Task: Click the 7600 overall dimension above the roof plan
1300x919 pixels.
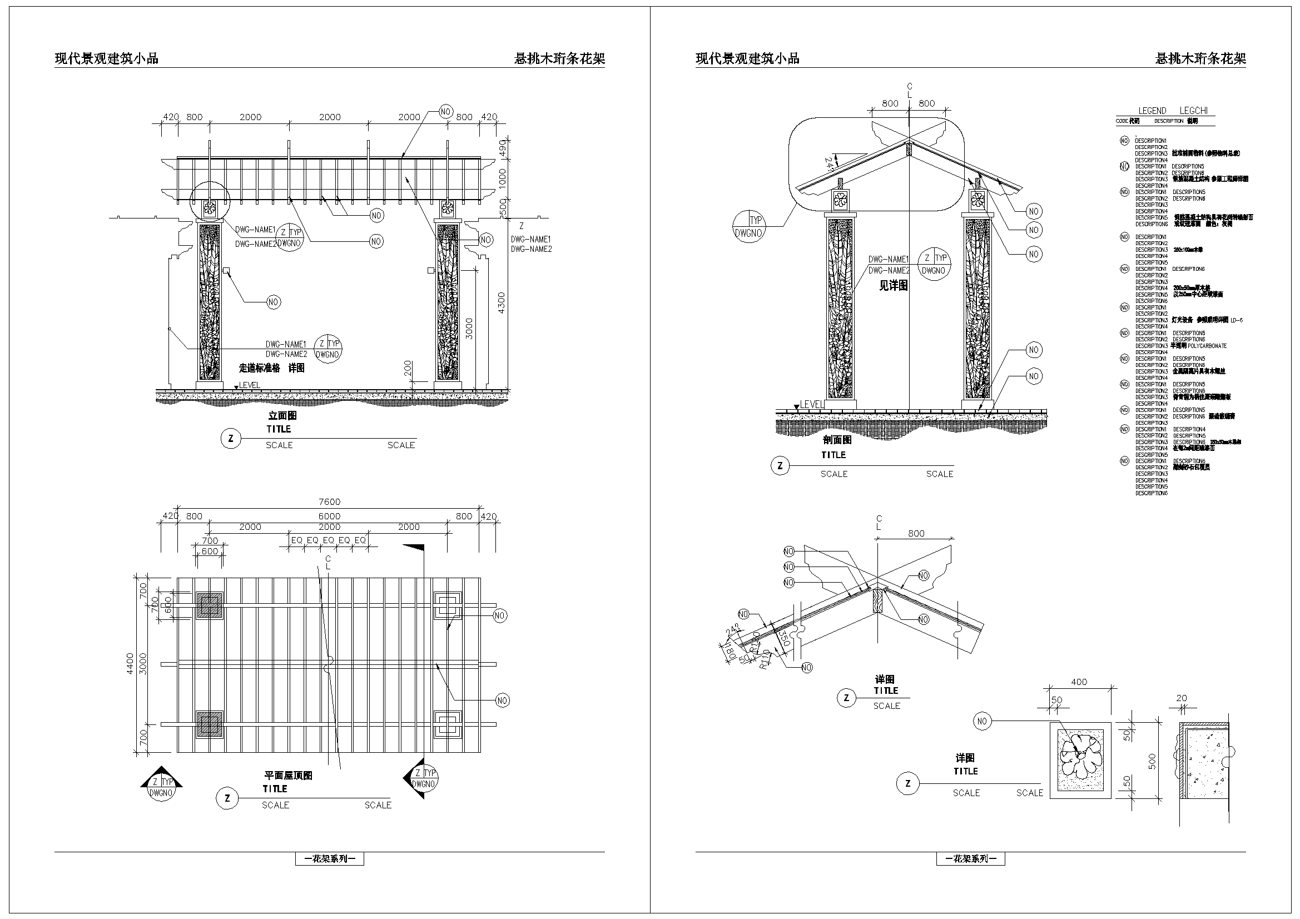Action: [329, 501]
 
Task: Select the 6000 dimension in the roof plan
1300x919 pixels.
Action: [329, 516]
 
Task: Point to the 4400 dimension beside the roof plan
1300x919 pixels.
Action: [130, 663]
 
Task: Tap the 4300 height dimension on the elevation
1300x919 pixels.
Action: [501, 303]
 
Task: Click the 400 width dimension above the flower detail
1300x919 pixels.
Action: [1079, 682]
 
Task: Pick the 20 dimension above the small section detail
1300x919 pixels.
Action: [1181, 698]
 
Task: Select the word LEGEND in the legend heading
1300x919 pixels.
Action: [1152, 111]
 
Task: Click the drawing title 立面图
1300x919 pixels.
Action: [282, 416]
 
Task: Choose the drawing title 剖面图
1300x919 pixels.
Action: [837, 440]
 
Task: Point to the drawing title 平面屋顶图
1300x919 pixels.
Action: [288, 776]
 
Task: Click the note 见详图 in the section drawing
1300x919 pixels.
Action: [893, 286]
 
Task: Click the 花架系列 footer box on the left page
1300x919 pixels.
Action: [330, 859]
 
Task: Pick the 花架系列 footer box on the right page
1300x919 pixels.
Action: [970, 859]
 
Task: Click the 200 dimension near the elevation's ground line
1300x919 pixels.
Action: [408, 368]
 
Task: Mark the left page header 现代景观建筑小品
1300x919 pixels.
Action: [106, 58]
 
